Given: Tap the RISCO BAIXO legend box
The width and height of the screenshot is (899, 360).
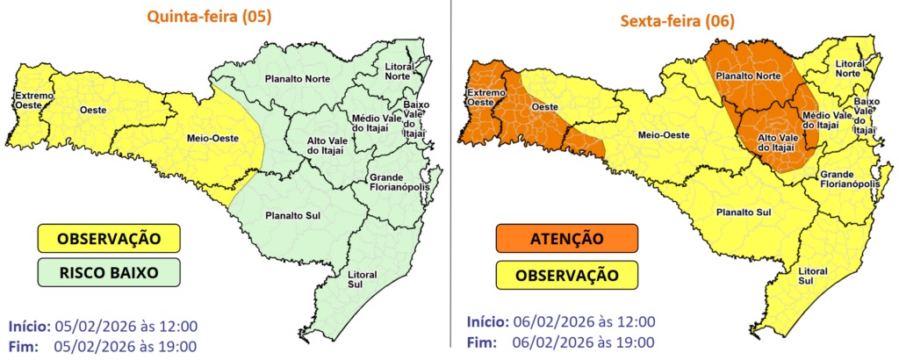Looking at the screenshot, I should pos(108,272).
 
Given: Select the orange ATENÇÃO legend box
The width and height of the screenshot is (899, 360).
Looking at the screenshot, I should pos(565,238).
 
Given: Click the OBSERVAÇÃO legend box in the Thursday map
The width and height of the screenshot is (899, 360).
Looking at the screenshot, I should pos(108,238).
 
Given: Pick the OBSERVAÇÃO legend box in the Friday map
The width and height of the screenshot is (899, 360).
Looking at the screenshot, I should pos(565,275).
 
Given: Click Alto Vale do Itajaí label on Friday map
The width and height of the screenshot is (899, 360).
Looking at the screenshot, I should pos(777,143).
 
